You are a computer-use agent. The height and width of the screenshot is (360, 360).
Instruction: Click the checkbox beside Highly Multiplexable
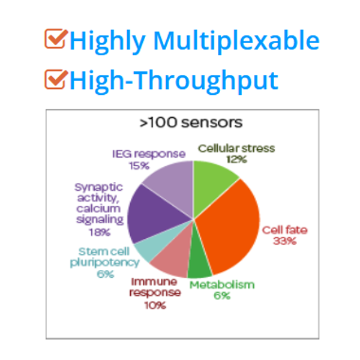[x=56, y=38]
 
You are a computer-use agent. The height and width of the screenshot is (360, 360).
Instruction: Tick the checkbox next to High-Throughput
[x=56, y=79]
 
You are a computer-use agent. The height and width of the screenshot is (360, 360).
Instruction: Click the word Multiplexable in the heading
[x=236, y=41]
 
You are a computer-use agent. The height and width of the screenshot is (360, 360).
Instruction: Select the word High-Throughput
[x=174, y=82]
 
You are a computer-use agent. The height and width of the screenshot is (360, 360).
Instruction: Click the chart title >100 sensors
[x=191, y=122]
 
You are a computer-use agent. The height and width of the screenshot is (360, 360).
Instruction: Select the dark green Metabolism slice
[x=199, y=262]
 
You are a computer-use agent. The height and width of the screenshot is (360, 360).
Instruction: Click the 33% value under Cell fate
[x=284, y=241]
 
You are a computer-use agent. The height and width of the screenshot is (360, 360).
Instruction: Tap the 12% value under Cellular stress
[x=237, y=160]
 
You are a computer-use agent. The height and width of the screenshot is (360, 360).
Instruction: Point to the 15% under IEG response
[x=139, y=166]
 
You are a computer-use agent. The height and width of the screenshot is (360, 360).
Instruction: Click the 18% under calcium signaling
[x=100, y=232]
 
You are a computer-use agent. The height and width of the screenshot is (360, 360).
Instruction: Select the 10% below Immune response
[x=155, y=305]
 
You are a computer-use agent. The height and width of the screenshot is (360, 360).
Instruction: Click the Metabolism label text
[x=222, y=285]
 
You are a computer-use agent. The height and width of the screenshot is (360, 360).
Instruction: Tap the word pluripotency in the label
[x=104, y=263]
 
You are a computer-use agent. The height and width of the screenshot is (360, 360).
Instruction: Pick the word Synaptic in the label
[x=99, y=188]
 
